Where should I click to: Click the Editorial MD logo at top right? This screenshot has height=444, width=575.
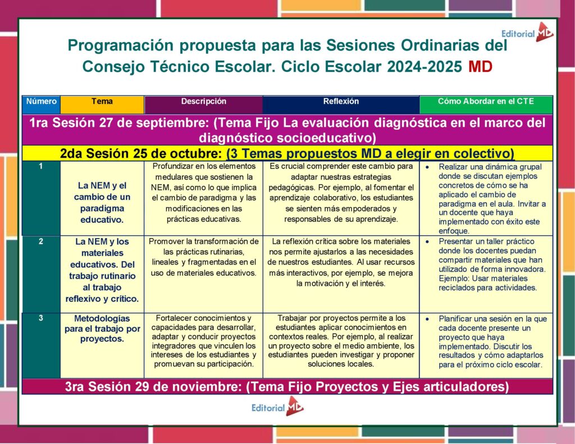point(527,33)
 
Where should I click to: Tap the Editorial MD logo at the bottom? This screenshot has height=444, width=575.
point(277,407)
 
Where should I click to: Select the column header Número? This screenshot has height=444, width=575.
point(41,102)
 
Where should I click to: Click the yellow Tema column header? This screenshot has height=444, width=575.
point(102,102)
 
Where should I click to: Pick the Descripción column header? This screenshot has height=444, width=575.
point(203,102)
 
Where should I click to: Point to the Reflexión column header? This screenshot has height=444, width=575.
point(341,102)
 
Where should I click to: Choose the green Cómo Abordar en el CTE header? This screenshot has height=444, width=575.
point(486,102)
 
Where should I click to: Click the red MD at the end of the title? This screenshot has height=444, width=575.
point(480,67)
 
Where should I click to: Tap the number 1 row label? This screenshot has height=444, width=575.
point(41,167)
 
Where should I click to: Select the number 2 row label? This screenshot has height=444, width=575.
point(41,241)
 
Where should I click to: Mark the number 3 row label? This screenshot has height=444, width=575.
point(41,318)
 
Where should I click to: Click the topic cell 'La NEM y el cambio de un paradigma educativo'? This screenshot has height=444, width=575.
point(102,202)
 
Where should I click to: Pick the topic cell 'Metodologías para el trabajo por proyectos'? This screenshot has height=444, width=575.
point(102,328)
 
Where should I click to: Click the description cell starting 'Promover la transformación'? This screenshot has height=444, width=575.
point(203,257)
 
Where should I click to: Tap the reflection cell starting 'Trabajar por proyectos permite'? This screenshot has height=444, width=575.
point(341,341)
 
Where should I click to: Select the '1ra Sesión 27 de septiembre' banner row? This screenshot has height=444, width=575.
point(287,130)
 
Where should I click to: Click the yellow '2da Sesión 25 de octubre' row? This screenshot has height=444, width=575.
point(287,153)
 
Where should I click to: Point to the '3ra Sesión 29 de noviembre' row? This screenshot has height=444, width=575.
point(287,387)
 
